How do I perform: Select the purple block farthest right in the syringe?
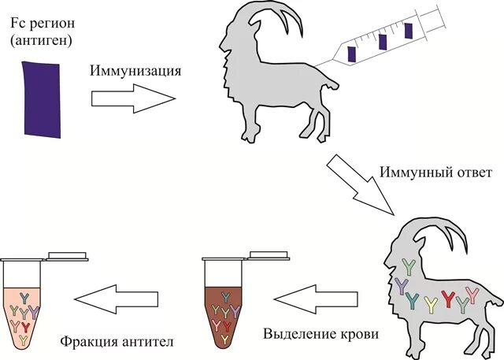pos(408,31)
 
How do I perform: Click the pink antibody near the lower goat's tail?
pos(472,295)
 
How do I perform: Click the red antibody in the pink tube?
pos(27,325)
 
